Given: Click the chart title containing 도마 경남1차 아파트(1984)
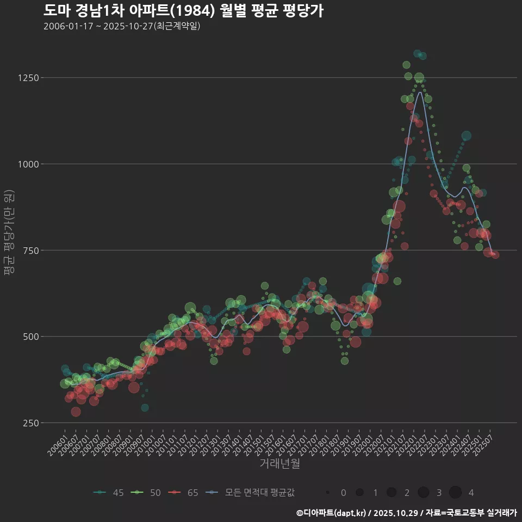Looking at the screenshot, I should coord(183,10).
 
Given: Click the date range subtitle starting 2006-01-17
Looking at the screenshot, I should coord(122,26).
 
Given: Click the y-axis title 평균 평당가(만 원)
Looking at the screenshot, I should coord(9,234).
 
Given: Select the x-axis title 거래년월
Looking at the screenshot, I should coord(279,463).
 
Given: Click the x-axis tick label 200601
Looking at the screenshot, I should coord(57,445).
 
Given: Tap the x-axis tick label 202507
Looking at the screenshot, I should coord(483,445).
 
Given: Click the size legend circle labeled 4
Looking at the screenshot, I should coord(455,493).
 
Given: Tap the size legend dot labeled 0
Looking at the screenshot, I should coord(328,493).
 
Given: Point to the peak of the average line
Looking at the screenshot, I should coord(419,92).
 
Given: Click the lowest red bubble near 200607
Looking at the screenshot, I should coord(76,412).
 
